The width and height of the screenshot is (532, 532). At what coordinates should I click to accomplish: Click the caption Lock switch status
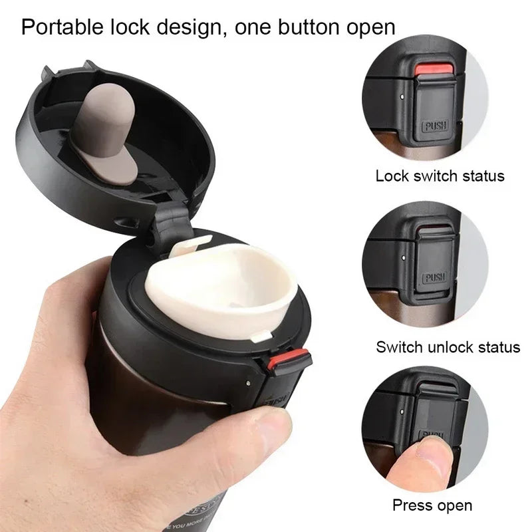point(440,176)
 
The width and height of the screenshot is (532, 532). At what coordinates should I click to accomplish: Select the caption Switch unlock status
point(448,346)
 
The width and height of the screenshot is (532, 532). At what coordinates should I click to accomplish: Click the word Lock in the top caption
point(390,176)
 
